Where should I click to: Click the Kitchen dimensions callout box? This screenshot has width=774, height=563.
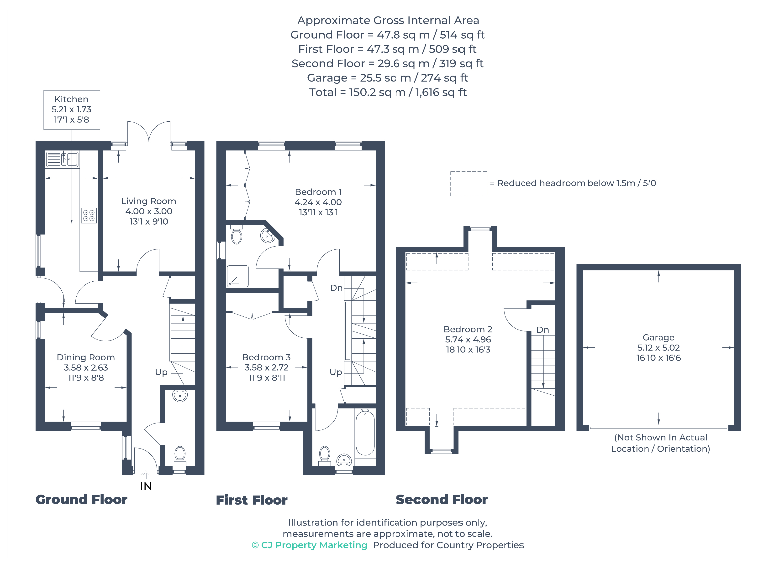click(x=72, y=110)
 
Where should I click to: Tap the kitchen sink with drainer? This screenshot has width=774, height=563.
click(x=62, y=159)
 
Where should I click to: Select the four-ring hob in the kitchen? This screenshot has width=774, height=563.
click(x=89, y=216)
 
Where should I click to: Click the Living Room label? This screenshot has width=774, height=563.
click(x=149, y=201)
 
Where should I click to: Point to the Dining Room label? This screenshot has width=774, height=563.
click(x=86, y=357)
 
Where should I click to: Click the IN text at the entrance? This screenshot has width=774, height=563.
click(x=146, y=486)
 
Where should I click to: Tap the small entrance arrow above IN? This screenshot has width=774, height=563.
click(x=146, y=474)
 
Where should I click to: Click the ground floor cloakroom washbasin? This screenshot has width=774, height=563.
click(x=180, y=396)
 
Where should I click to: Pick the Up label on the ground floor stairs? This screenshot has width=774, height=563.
click(x=161, y=372)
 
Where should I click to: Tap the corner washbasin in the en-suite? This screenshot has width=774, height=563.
click(x=267, y=236)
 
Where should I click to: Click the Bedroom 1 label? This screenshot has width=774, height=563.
click(x=318, y=192)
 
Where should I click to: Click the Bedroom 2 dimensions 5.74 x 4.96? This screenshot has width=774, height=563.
click(x=468, y=340)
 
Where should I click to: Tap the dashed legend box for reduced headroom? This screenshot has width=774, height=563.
click(x=469, y=184)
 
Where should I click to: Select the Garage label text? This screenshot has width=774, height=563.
click(x=658, y=338)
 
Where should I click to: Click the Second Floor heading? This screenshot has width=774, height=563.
click(x=442, y=500)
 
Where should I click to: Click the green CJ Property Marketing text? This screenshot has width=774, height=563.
click(x=310, y=545)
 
